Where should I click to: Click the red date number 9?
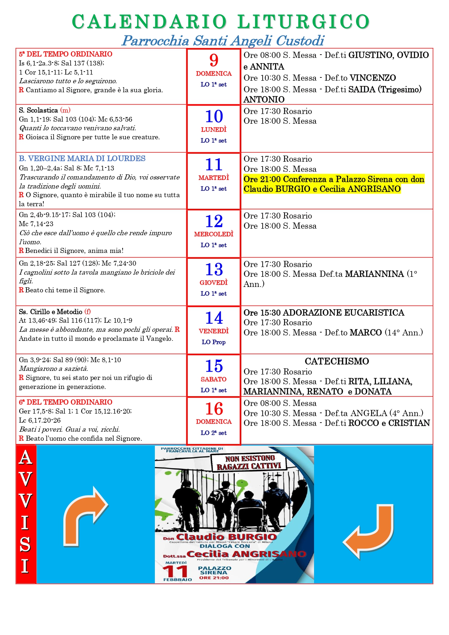[214, 60]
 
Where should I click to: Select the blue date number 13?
[214, 270]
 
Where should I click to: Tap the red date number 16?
[214, 409]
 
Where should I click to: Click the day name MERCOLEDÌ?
[214, 234]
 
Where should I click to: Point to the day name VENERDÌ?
[214, 331]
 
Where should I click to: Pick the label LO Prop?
[214, 342]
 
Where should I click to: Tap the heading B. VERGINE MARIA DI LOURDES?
[82, 158]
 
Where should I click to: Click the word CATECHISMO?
[337, 361]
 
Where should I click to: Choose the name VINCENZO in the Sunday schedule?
[373, 78]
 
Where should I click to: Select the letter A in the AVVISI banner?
[25, 458]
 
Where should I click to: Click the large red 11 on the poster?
[175, 572]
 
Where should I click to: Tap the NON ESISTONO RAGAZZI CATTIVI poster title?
[250, 462]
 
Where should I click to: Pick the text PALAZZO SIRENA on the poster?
[214, 571]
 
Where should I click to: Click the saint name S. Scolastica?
[38, 110]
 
